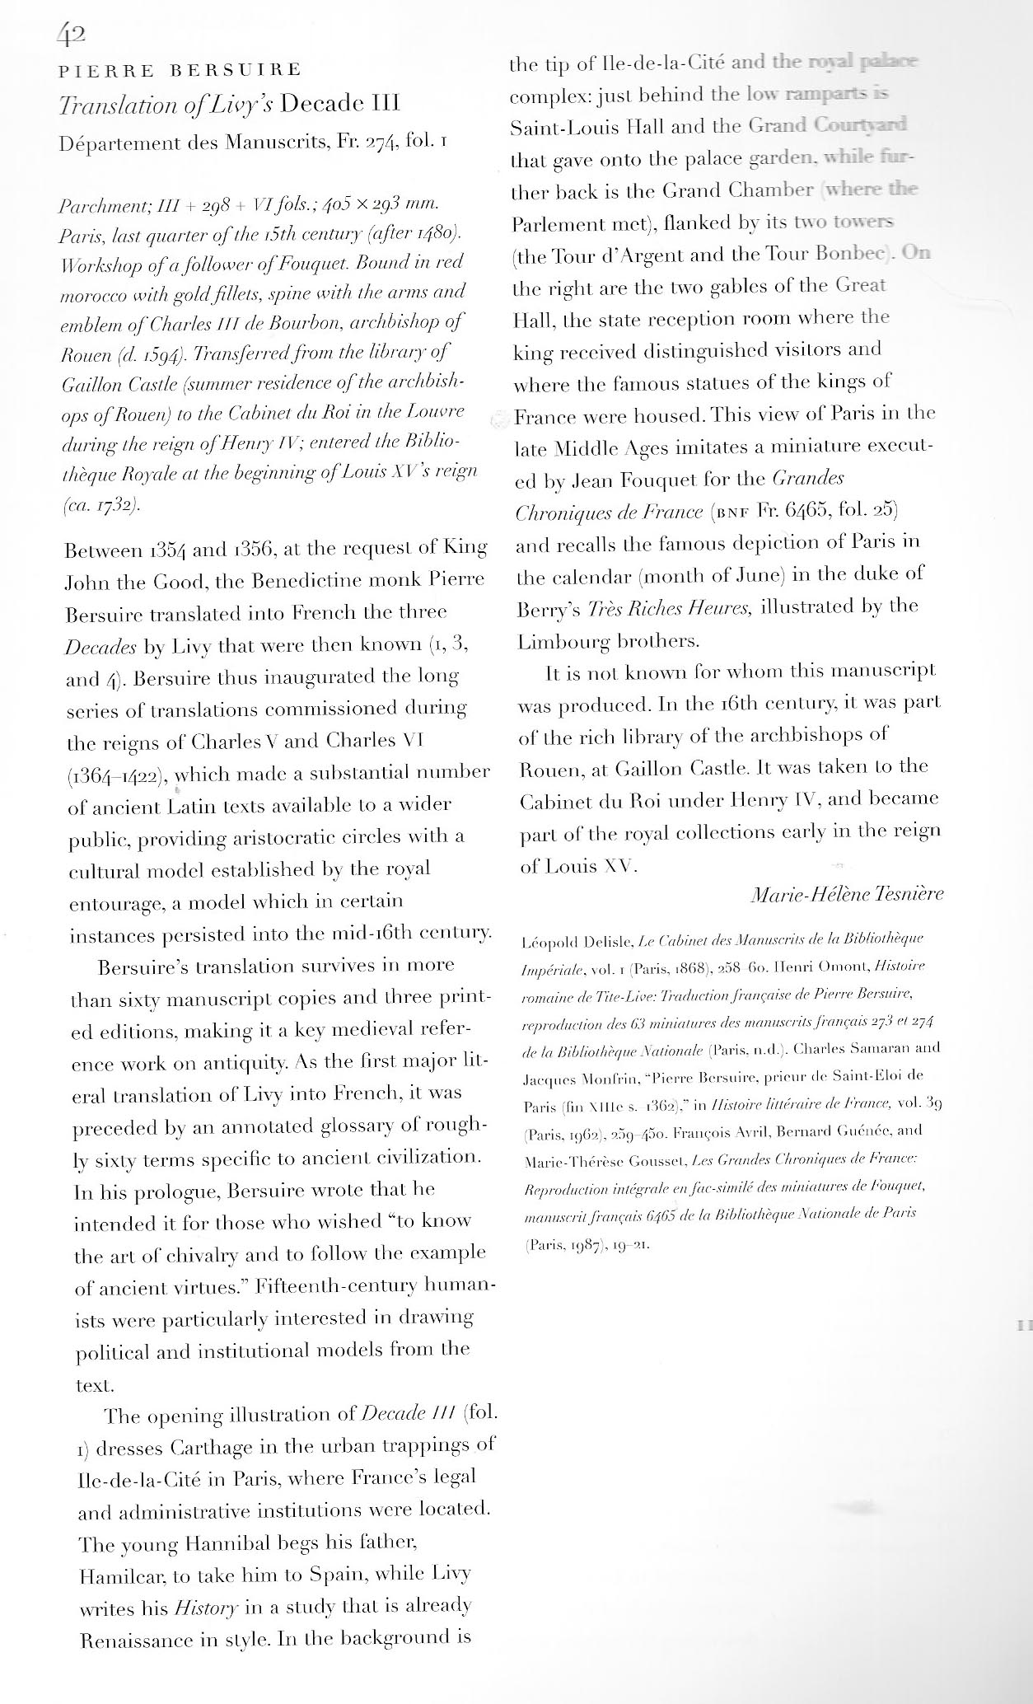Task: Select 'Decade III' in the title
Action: click(339, 105)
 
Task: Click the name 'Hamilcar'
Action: click(119, 1576)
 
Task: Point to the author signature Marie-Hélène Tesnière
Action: click(848, 894)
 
